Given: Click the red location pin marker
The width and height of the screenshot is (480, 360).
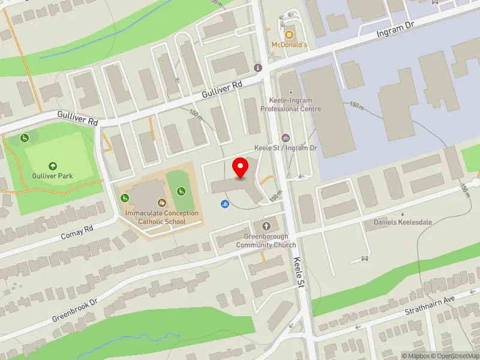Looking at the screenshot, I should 241,167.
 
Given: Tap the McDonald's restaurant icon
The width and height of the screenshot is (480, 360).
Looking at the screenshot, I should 289,34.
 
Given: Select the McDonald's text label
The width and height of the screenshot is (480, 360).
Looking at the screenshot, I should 289,45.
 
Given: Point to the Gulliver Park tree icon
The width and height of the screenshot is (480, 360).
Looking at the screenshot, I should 53,166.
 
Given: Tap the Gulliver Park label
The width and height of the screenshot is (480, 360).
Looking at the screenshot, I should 53,176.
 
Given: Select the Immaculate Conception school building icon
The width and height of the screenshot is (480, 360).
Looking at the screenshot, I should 161,203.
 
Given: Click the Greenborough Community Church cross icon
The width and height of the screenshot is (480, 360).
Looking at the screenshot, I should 266,226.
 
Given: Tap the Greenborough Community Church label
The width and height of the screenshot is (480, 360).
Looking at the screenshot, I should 266,241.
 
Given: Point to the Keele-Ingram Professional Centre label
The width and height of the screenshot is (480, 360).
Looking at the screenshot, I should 291,105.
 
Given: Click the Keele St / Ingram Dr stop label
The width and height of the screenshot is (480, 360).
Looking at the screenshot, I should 286,148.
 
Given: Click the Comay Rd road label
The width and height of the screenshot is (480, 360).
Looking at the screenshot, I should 77,232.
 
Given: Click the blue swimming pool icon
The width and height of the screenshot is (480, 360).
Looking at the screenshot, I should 224,204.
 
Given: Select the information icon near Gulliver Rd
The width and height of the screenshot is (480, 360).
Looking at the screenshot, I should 259,68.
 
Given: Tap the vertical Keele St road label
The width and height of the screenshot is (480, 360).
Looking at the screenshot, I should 301,271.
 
